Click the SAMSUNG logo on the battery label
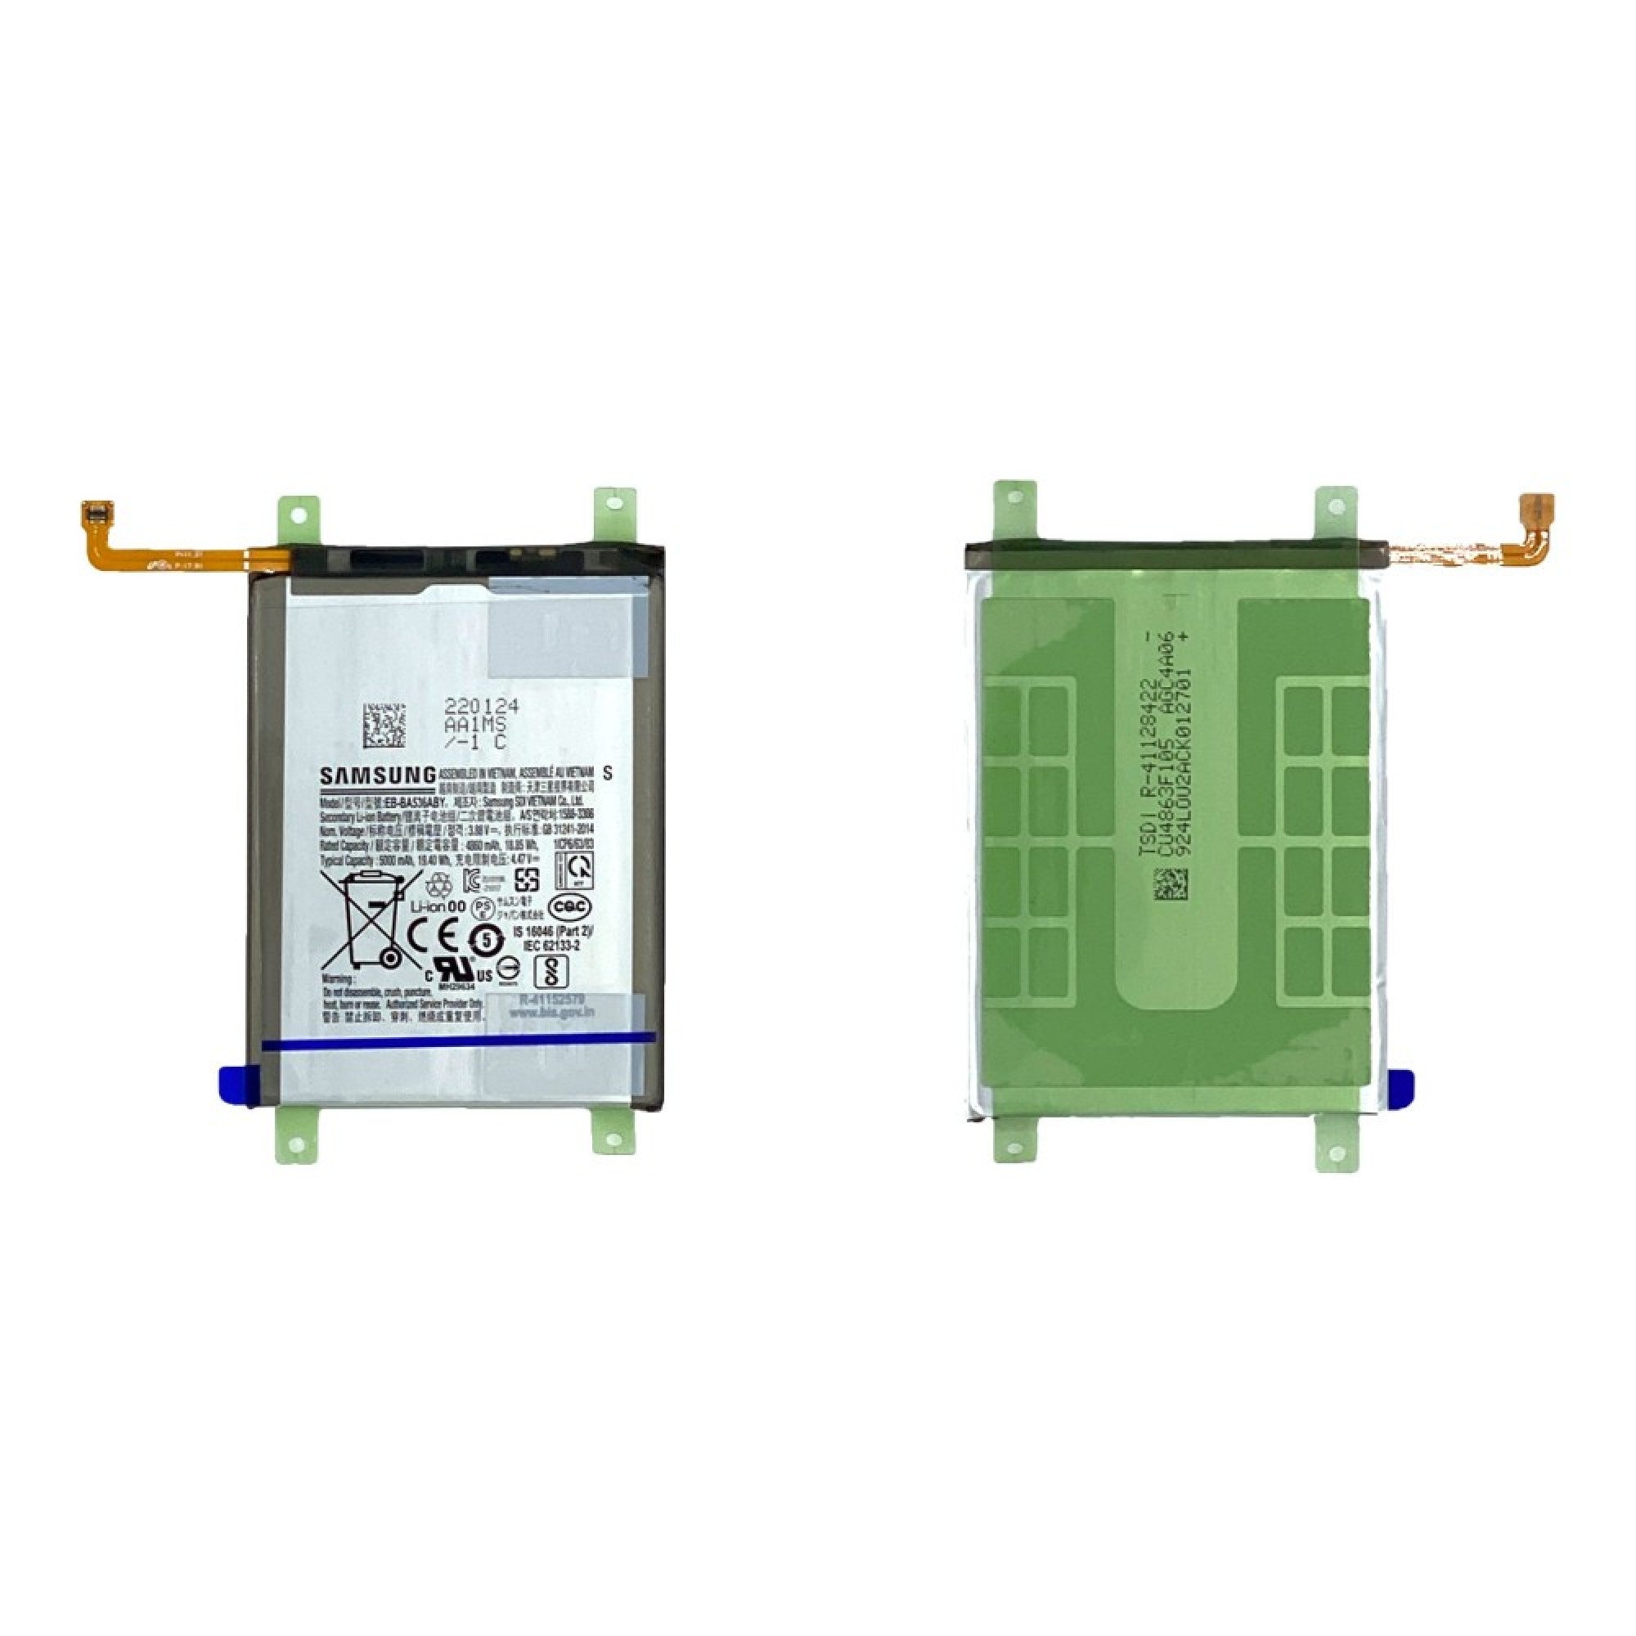click(378, 775)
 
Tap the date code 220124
click(482, 706)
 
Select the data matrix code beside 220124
click(384, 725)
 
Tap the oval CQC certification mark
click(570, 906)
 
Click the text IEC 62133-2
click(551, 944)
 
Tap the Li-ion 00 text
click(438, 906)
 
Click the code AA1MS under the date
click(475, 725)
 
